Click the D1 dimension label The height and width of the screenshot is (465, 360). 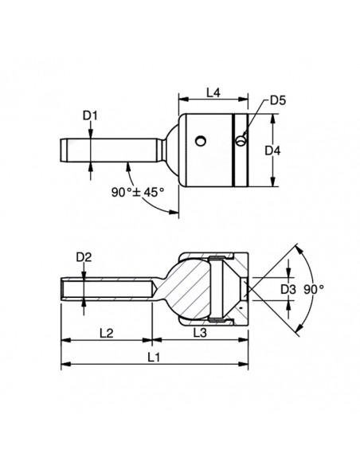tap(91, 115)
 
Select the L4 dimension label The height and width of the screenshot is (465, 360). tap(213, 93)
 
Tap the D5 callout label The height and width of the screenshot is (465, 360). tap(278, 100)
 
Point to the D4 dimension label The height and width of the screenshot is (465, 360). tap(273, 150)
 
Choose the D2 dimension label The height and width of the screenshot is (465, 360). tap(83, 256)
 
